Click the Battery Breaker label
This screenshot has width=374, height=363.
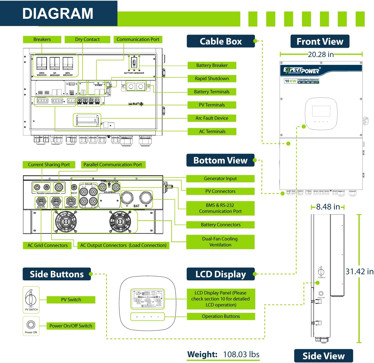point(212,65)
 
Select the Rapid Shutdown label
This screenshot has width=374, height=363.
point(212,79)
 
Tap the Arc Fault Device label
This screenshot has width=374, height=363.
point(212,118)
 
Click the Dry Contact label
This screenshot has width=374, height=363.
point(87,40)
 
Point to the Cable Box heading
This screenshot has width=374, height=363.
point(221,41)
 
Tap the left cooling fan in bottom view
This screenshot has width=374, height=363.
point(66,221)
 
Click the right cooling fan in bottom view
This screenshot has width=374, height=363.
point(120,221)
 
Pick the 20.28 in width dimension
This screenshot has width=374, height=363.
point(321,54)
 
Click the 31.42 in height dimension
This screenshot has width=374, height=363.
point(359,271)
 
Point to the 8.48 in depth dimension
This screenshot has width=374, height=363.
point(328,207)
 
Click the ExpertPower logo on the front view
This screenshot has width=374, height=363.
point(302,71)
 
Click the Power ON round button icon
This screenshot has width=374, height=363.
point(31,324)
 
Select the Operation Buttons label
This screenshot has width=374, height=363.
point(221,316)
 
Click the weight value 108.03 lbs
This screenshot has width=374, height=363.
point(241,354)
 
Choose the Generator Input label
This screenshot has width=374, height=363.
point(220,179)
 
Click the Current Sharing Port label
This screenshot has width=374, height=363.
point(49,165)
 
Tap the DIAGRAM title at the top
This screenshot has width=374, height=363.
point(58,13)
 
